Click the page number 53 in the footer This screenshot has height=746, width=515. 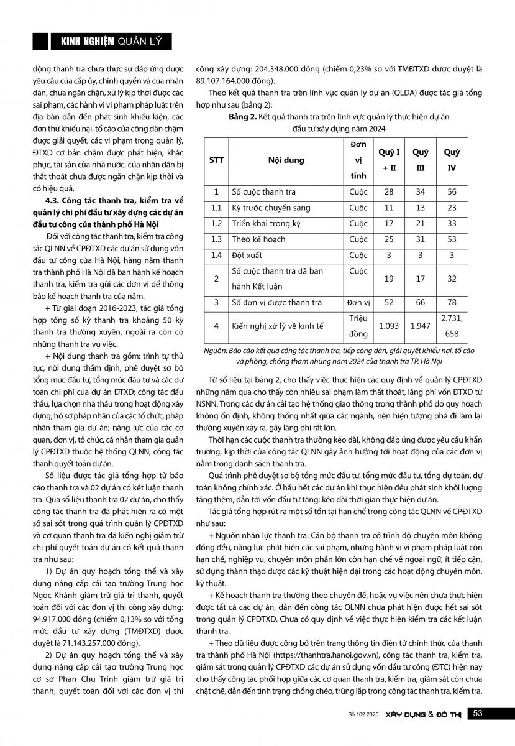tap(478, 714)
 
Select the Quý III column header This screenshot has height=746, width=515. tap(420, 159)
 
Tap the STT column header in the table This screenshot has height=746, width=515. tap(216, 160)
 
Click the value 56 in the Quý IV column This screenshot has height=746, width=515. tap(452, 192)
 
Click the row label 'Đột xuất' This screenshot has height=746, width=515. tap(245, 255)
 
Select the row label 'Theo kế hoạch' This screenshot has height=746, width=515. tap(258, 239)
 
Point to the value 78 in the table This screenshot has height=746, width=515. tap(452, 302)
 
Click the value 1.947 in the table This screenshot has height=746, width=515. tap(420, 325)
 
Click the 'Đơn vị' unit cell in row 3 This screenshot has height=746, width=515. tap(358, 302)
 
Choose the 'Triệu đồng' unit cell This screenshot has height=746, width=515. tap(358, 325)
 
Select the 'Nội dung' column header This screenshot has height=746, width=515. tap(286, 160)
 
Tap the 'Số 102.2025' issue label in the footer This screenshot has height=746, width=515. tap(358, 714)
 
